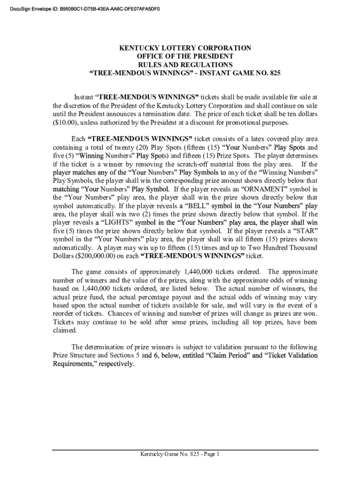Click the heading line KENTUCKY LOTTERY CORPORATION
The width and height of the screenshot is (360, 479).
(x=185, y=48)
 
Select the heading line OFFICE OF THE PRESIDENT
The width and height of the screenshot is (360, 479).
(x=185, y=57)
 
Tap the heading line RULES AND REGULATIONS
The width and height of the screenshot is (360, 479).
(x=185, y=65)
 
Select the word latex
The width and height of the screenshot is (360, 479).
(x=250, y=139)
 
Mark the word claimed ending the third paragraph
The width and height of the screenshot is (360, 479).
(x=65, y=330)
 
